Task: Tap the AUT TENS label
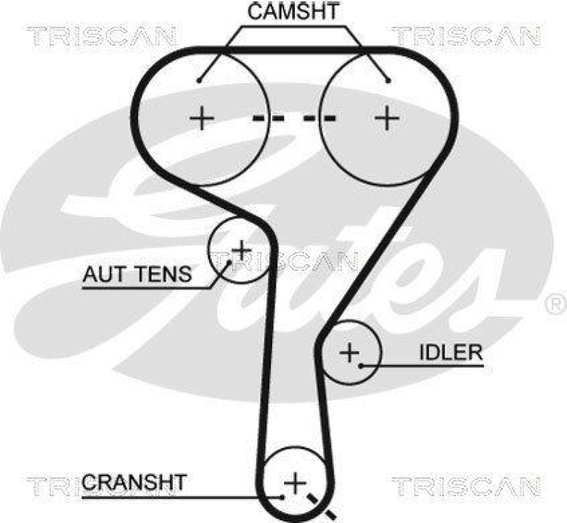137,274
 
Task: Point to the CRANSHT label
134,483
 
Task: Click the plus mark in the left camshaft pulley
202,117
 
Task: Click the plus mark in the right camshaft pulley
387,117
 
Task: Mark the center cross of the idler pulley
349,351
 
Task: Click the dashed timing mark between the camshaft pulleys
294,118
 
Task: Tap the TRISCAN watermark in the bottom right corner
466,486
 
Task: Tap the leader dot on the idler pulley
361,365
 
